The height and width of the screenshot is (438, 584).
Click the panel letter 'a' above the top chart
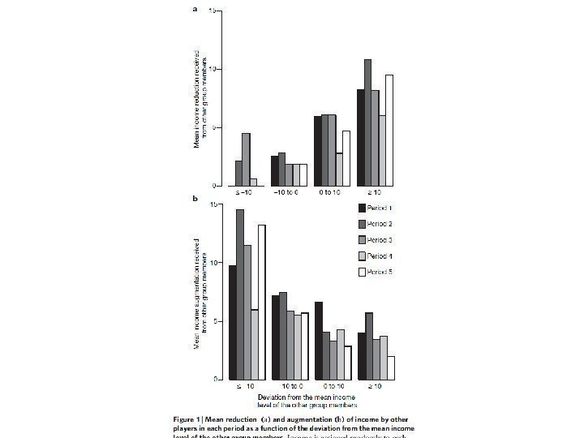194,11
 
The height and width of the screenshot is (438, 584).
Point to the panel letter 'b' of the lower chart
194,197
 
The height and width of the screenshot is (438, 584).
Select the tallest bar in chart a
367,122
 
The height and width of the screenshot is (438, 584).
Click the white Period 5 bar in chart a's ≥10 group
389,130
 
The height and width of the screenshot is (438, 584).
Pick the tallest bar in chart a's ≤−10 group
246,159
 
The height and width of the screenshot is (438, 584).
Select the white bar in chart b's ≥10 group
390,367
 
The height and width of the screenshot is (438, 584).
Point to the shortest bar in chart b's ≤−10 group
254,344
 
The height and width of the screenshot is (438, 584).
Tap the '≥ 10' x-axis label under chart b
376,386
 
